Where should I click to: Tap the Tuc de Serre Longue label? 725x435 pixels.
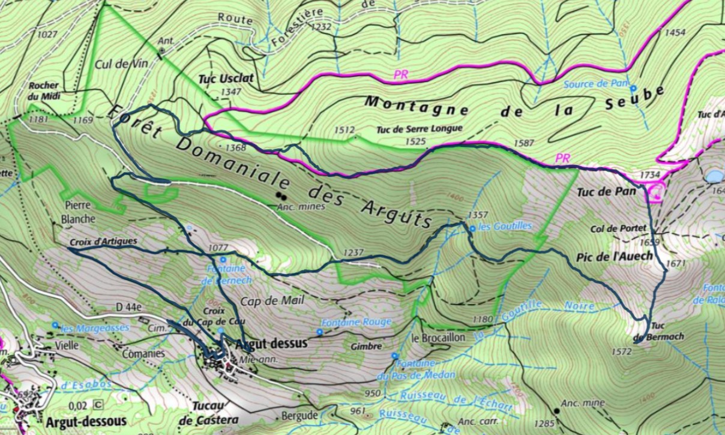(x=420, y=128)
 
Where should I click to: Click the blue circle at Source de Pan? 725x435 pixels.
(x=633, y=88)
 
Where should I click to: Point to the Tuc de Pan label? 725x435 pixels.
(x=597, y=192)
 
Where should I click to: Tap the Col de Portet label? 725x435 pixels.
(x=626, y=229)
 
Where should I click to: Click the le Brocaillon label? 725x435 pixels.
(x=438, y=337)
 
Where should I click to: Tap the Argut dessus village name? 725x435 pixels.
(x=271, y=344)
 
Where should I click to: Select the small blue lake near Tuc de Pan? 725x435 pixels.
(x=714, y=176)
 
